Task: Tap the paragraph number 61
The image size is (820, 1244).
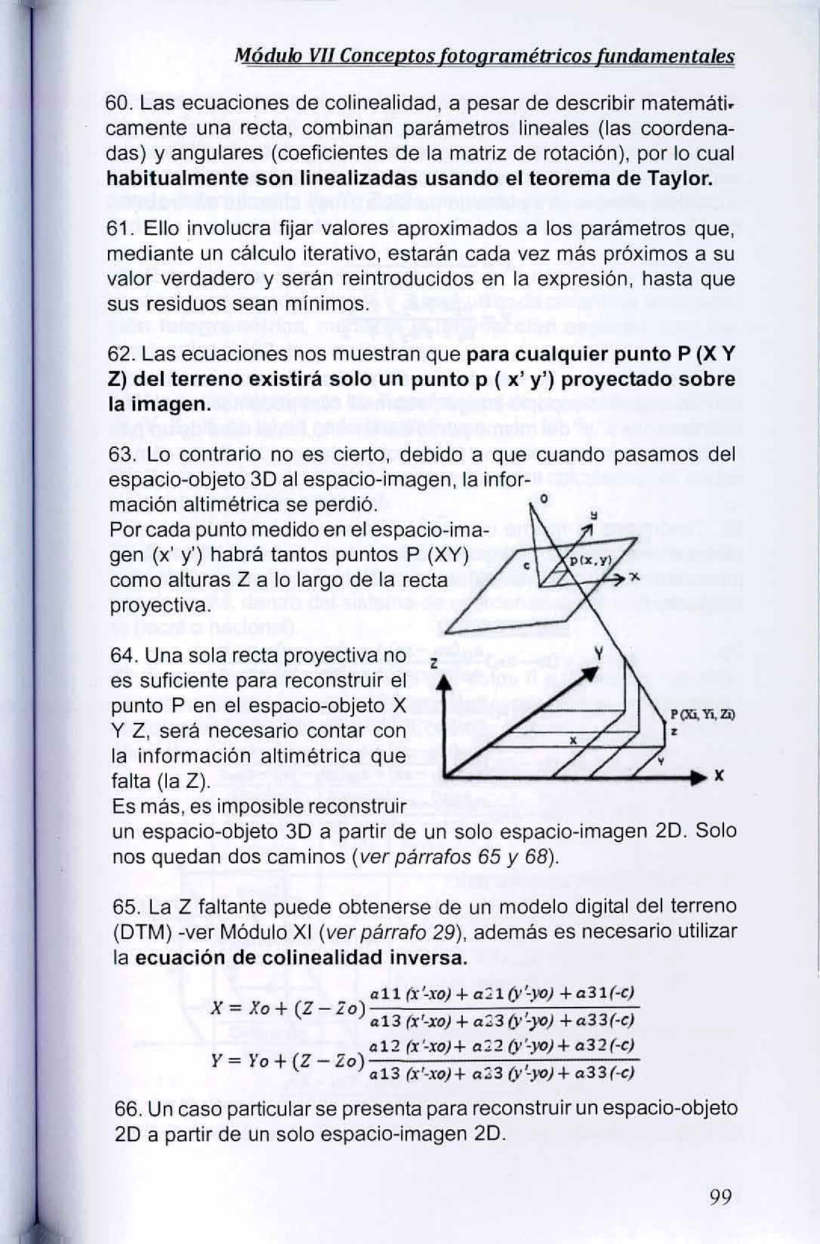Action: coord(122,229)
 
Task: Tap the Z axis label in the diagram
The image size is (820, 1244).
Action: coord(433,663)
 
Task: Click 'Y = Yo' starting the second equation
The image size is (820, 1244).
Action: coord(236,1060)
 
